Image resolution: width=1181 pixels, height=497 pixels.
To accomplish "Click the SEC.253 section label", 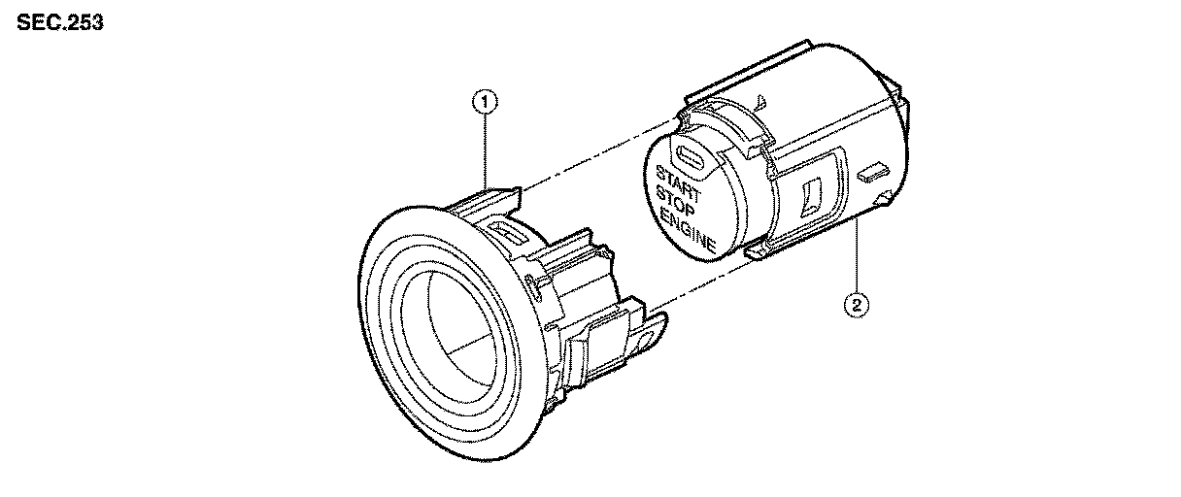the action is click(x=60, y=22).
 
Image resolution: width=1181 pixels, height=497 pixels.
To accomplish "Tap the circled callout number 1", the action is click(x=484, y=100).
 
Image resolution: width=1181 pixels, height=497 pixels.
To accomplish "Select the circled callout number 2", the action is click(x=856, y=306).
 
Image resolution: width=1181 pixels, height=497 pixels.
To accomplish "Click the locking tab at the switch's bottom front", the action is click(x=761, y=251).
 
